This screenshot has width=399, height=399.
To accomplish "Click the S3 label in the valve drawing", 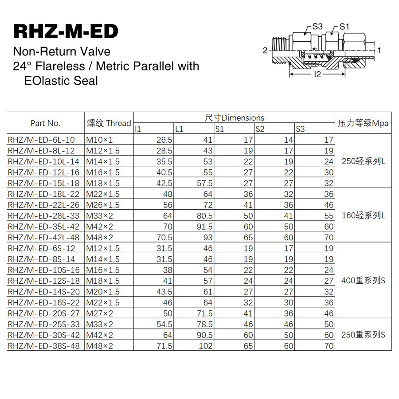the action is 317,27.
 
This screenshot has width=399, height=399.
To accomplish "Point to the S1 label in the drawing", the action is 344,27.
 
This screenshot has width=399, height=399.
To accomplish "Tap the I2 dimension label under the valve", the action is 317,74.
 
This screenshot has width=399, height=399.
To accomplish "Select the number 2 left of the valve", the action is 265,50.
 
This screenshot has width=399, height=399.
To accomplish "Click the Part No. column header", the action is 45,123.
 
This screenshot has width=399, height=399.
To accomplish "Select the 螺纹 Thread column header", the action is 109,123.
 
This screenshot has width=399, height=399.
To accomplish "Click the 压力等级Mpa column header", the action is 363,123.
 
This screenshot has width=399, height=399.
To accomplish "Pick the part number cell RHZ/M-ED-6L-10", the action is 42,140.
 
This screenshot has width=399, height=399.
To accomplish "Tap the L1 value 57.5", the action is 205,183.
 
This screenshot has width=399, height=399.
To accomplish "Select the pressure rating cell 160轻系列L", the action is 363,215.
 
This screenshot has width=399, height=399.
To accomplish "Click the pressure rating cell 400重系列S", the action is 363,281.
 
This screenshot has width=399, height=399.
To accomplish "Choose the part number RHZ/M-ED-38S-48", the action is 44,346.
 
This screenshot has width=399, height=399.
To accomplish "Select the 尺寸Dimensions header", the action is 235,118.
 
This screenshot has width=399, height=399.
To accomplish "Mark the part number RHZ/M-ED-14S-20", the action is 44,292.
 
